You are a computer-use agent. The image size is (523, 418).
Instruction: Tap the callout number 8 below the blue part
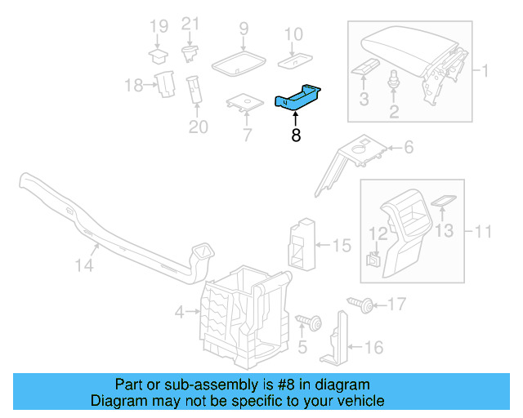[x=296, y=136]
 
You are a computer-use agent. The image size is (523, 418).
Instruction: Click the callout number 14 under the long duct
[x=84, y=265]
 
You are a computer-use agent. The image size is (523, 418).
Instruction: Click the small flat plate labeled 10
[x=293, y=60]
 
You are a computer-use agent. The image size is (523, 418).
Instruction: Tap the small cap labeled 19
[x=157, y=55]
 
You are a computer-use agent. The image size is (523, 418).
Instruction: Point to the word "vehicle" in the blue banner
[x=357, y=401]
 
